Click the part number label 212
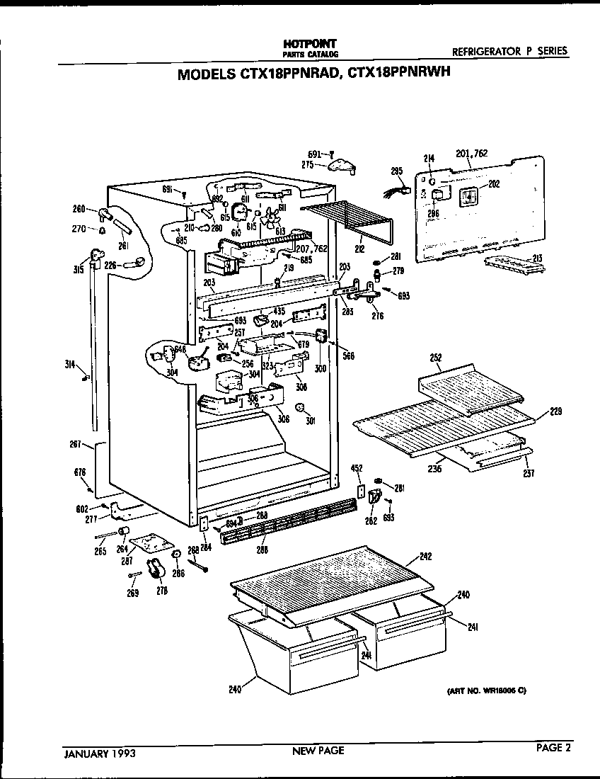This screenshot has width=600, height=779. [359, 249]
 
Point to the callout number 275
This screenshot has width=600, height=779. [307, 164]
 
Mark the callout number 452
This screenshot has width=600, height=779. [358, 468]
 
